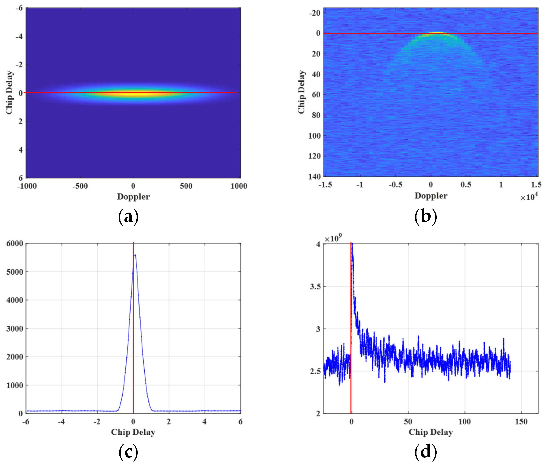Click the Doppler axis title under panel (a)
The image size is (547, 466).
tap(133, 197)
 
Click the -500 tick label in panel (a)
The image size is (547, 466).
tap(80, 186)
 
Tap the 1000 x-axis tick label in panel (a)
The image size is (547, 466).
tap(239, 186)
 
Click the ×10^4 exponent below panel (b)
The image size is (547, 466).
tap(529, 197)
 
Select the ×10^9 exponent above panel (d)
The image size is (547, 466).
tap(333, 238)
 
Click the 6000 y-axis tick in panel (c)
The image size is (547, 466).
tap(15, 244)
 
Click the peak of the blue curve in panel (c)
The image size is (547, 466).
tap(135, 255)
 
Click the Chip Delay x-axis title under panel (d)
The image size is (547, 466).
tap(431, 432)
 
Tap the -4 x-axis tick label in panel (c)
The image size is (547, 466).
tap(61, 422)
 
